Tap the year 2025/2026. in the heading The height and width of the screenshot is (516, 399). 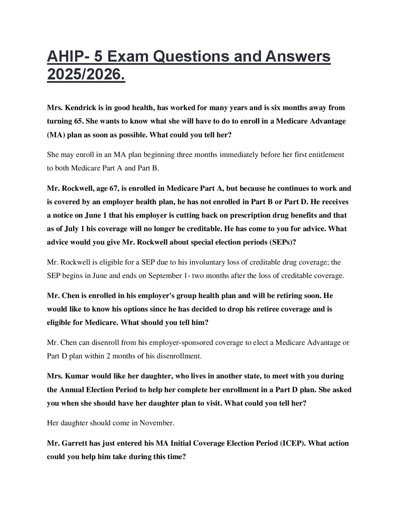[86, 74]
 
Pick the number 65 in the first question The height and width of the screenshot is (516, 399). [78, 121]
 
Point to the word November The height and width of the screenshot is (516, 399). [156, 423]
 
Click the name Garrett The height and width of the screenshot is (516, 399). [76, 443]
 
